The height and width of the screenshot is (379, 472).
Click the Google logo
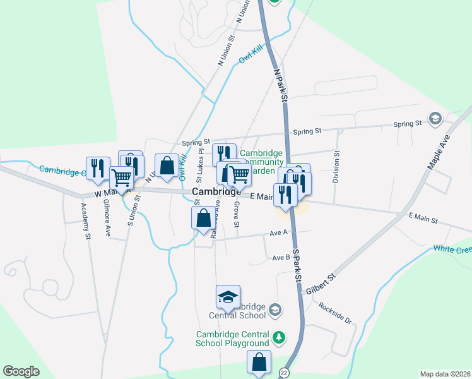(x=21, y=371)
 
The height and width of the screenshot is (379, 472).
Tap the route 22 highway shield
(x=284, y=373)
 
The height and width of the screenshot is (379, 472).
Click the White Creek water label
(x=452, y=249)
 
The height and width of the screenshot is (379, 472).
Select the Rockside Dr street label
(x=334, y=313)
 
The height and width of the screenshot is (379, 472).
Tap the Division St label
(x=336, y=167)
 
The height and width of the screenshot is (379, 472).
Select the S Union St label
(x=132, y=211)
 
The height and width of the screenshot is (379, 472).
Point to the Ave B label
(x=281, y=258)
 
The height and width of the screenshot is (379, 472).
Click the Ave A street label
(x=278, y=232)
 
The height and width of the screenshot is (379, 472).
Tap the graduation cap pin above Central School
(x=228, y=296)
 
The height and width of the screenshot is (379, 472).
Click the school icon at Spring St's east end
(x=435, y=119)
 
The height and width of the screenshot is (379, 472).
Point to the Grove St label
(x=237, y=215)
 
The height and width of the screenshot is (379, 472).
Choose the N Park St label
(x=281, y=85)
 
